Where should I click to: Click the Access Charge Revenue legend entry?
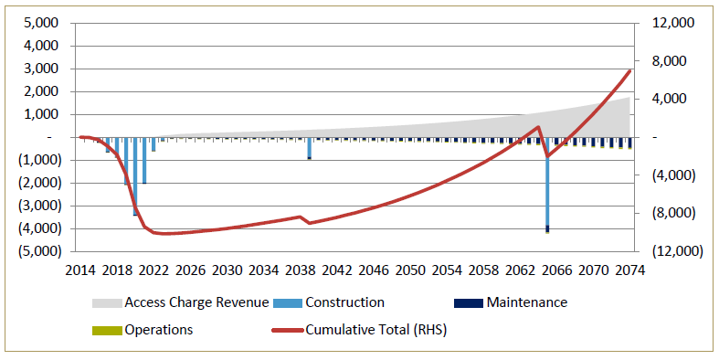196,302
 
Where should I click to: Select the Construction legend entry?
344,302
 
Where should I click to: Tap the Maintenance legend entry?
526,302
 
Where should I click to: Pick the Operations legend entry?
158,330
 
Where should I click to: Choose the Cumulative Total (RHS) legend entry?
375,330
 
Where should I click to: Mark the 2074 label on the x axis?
630,270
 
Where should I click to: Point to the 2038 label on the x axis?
301,270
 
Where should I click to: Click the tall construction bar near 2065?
547,183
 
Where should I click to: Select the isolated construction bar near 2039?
309,147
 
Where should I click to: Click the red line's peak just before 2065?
539,127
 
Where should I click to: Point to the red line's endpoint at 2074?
629,70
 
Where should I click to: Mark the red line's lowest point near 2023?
163,234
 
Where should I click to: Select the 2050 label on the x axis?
410,270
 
